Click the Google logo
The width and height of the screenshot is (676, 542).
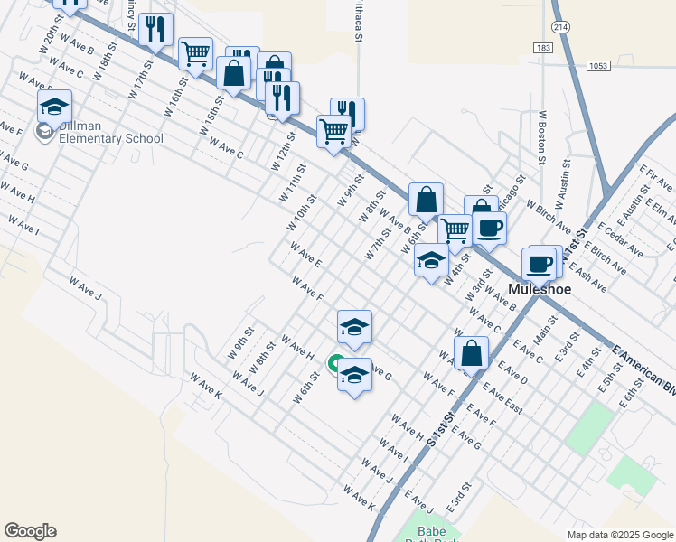point(30,531)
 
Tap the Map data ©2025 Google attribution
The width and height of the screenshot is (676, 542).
point(620,535)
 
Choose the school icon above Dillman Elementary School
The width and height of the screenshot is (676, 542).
point(54,107)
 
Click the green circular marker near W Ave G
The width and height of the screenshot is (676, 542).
point(333,365)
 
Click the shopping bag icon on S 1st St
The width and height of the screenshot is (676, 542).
point(471,353)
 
